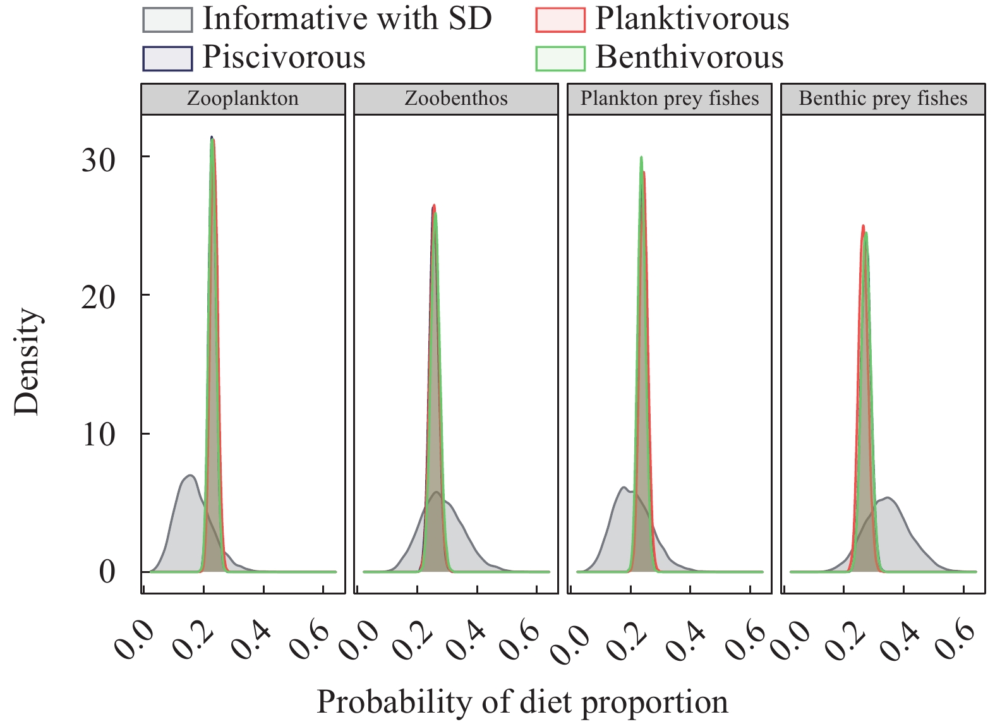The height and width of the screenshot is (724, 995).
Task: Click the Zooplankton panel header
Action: click(x=243, y=99)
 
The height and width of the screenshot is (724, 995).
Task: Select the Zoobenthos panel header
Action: click(x=455, y=99)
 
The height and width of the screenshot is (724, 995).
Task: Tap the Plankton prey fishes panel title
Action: click(x=669, y=99)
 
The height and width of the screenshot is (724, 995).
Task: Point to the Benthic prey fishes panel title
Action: click(x=883, y=99)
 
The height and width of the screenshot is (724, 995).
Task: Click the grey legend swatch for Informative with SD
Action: click(x=167, y=20)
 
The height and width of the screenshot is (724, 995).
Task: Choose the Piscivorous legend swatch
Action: click(x=167, y=58)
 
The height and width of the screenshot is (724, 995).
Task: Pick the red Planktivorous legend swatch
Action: click(x=560, y=20)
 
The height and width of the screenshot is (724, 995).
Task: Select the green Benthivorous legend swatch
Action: click(x=560, y=58)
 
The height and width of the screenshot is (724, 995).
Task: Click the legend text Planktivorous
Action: click(x=692, y=19)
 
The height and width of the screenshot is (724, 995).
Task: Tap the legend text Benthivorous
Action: click(x=689, y=57)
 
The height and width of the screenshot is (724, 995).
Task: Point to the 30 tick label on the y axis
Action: click(x=99, y=159)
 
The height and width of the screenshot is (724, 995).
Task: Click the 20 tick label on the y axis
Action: click(x=99, y=297)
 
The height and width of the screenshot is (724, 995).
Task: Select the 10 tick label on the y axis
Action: click(x=99, y=435)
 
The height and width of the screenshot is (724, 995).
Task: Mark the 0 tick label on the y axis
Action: click(x=107, y=572)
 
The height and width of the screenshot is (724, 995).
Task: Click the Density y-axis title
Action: click(x=27, y=361)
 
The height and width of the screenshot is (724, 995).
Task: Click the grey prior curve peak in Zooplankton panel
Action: click(x=189, y=475)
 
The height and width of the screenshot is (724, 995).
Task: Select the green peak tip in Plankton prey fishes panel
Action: click(x=641, y=157)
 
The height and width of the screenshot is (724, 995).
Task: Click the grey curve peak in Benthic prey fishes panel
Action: click(x=888, y=498)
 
